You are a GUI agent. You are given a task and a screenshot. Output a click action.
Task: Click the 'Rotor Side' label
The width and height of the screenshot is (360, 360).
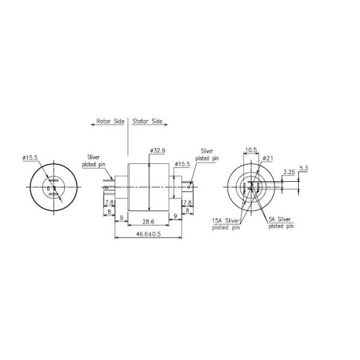[x=110, y=121]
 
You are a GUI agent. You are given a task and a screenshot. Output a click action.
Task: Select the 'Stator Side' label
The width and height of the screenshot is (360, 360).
[x=148, y=121]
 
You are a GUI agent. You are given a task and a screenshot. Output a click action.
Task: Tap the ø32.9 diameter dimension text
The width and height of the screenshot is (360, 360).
[x=158, y=151]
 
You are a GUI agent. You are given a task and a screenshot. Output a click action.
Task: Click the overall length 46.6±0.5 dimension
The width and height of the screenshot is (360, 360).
[x=148, y=234]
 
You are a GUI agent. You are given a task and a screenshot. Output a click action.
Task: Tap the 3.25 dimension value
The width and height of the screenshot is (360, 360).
[x=288, y=172]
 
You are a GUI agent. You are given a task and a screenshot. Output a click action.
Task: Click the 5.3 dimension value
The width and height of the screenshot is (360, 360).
[x=303, y=168]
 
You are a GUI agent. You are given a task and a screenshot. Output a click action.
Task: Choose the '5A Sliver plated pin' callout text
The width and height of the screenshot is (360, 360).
[x=281, y=223]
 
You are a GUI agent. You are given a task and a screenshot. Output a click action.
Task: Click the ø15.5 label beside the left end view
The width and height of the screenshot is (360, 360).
[x=30, y=157]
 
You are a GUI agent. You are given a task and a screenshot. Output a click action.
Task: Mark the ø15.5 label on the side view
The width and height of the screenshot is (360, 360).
[x=183, y=164]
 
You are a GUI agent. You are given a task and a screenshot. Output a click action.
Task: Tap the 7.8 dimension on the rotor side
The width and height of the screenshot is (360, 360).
[x=110, y=203]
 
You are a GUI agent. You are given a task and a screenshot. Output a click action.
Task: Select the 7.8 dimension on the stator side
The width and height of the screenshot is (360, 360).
[x=187, y=203]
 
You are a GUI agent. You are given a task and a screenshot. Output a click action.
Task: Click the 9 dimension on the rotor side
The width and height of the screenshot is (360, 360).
[x=122, y=216]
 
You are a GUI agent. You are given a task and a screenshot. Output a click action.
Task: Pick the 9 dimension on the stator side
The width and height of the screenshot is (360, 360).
[x=176, y=216]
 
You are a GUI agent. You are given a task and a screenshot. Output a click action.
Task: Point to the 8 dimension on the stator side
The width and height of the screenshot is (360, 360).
[x=188, y=211]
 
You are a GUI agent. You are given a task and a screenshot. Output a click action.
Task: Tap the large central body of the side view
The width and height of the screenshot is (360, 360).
[x=148, y=186]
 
